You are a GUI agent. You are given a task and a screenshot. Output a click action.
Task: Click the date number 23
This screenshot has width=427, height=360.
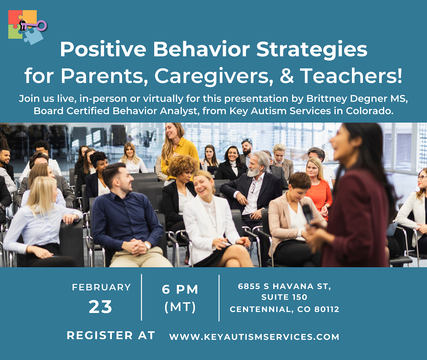pos(100,307)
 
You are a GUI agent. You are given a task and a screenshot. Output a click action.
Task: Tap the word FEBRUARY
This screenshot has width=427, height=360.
pos(101,287)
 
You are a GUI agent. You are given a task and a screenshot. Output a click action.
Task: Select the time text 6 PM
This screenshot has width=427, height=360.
pos(180,290)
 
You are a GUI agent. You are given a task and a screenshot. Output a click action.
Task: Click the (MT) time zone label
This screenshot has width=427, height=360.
pos(180,307)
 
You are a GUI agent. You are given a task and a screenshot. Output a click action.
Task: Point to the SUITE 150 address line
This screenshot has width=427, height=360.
pos(284,297)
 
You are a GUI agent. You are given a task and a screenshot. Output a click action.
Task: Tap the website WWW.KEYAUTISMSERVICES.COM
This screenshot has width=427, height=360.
pos(254,337)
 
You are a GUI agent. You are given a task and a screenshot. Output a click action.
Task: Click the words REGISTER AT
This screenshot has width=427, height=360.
pos(111,336)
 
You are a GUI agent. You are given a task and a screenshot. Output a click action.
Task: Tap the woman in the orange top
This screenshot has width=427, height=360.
pos(318,184)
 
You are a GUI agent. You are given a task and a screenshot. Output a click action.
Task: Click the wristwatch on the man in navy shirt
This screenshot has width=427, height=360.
pos(147,245)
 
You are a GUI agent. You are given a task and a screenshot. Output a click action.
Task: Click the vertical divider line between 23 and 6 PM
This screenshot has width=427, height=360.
pos(142,297)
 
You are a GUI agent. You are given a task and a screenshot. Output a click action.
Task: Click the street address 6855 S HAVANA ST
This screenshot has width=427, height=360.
pos(284,286)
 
